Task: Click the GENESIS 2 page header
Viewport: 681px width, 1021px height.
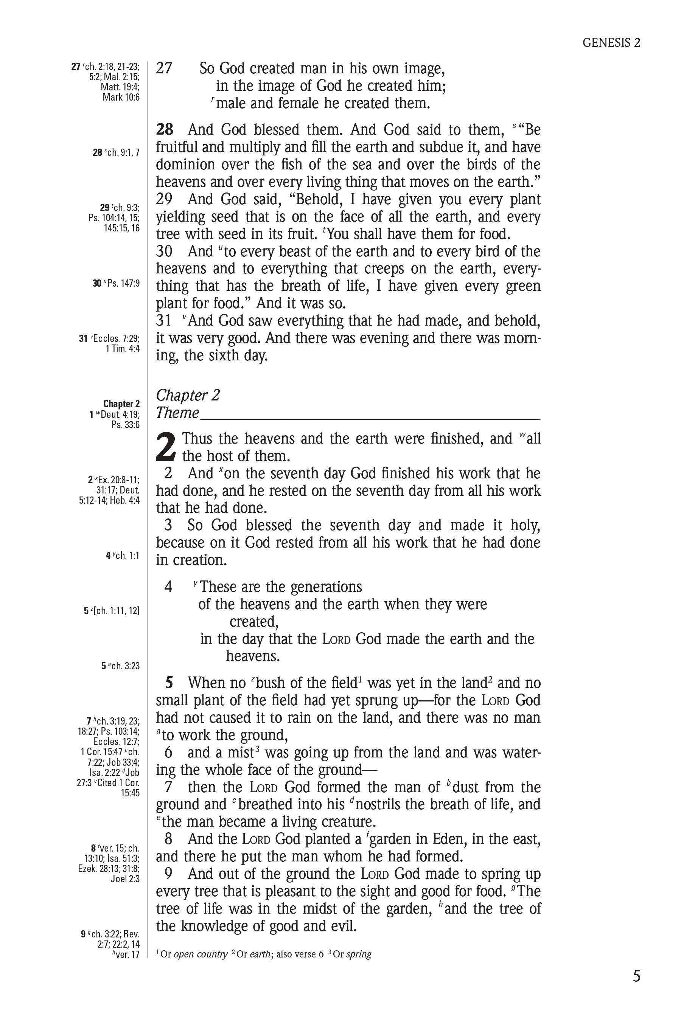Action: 611,42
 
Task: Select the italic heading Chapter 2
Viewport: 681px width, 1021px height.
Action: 188,395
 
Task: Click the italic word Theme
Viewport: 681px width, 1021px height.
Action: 177,413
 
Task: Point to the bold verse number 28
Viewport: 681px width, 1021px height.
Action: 165,129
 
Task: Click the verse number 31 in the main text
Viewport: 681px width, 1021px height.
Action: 164,320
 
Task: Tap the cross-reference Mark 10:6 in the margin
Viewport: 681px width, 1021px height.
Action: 121,97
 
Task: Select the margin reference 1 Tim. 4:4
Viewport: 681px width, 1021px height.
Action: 123,349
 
